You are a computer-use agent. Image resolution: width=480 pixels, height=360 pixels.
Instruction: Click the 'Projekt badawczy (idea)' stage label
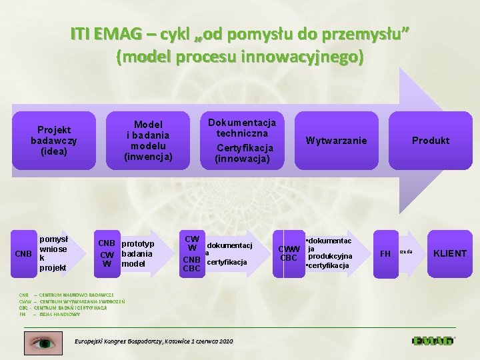[x=54, y=140]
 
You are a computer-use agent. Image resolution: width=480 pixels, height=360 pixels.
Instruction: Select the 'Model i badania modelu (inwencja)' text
[x=148, y=140]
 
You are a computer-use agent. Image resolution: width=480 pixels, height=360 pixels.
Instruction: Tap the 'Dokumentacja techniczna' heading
[x=242, y=127]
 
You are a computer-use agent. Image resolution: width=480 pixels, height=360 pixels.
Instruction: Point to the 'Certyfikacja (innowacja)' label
[x=242, y=153]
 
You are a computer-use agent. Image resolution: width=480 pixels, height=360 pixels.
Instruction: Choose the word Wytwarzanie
[x=336, y=140]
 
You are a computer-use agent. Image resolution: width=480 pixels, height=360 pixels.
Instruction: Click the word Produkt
[x=430, y=140]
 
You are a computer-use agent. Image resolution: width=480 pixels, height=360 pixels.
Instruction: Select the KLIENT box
[x=450, y=253]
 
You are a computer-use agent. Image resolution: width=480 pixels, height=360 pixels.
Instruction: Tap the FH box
[x=385, y=253]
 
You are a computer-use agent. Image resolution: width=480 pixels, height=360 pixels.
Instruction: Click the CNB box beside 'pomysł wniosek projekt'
[x=24, y=253]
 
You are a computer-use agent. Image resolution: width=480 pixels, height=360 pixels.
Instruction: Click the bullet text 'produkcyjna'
[x=331, y=257]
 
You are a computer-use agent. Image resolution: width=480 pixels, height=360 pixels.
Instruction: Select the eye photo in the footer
[x=43, y=341]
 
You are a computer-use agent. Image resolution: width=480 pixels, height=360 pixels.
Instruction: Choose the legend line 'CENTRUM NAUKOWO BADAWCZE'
[x=76, y=294]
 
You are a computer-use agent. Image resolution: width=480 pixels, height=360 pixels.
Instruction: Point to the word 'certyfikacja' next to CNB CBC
[x=227, y=262]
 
